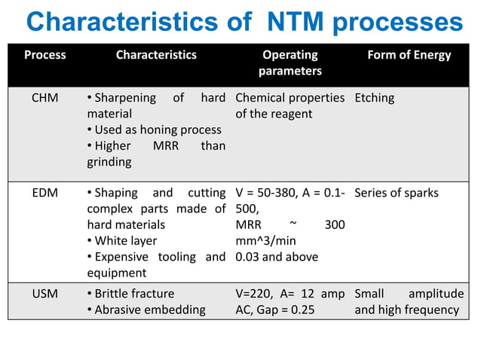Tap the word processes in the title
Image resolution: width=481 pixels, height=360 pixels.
coord(400,23)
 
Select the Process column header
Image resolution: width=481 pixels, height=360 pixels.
coord(45,55)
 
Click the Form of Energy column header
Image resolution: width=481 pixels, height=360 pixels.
coord(409,55)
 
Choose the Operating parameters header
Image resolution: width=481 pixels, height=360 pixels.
coord(290,63)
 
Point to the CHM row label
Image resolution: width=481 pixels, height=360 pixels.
coord(45,98)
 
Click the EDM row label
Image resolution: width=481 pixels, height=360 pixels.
coord(45,193)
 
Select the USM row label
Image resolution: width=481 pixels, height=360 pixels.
coord(45,294)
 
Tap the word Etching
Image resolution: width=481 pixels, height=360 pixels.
coord(375,98)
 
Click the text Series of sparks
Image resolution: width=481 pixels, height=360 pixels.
coord(397,193)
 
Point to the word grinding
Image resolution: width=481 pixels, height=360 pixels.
coord(109,161)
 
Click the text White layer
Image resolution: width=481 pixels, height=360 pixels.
coord(126,240)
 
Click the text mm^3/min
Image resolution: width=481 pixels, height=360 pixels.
coord(264,240)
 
